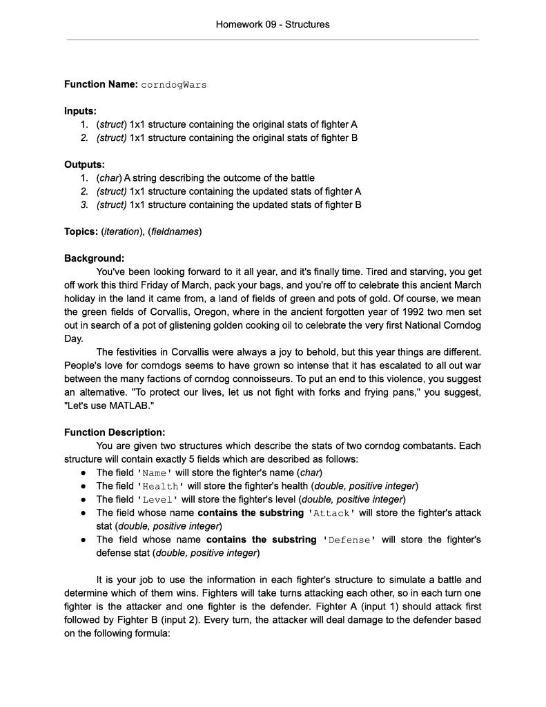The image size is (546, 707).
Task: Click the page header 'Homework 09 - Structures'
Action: pos(273,24)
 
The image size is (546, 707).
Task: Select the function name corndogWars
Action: pos(173,85)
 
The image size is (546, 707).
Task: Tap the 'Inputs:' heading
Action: pos(80,111)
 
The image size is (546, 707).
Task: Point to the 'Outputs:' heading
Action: pos(84,164)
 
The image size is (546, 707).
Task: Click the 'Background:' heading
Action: pos(94,258)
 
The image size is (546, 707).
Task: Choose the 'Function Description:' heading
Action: pos(115,432)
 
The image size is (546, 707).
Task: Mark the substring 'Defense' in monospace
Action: pos(349,540)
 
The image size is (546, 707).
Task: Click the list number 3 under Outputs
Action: pos(84,204)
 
